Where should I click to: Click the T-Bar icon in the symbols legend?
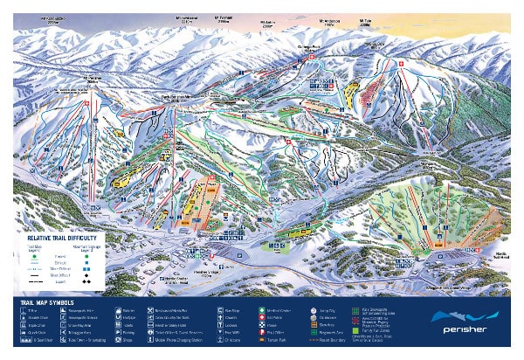[x=19, y=310]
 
